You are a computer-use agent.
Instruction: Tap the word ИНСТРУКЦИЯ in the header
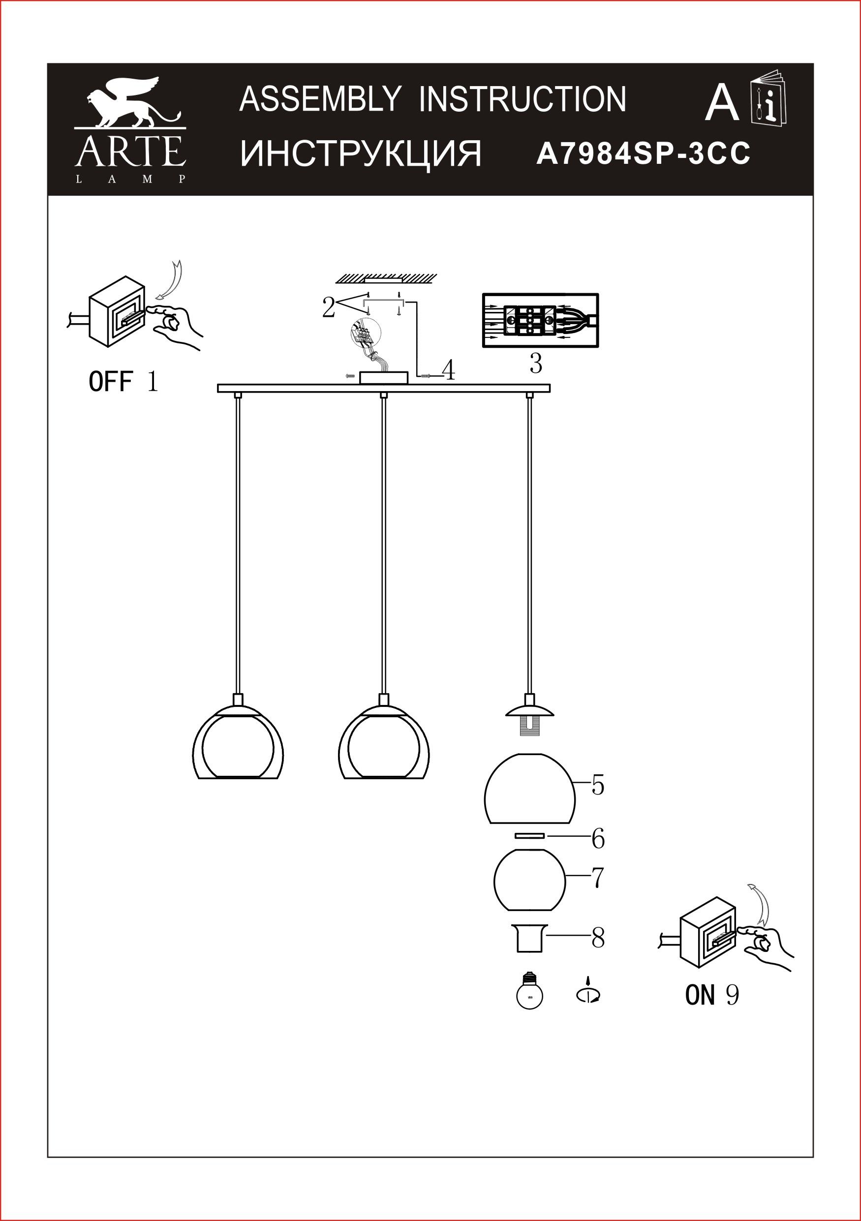tap(361, 154)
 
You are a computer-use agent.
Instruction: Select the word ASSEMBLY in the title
tap(320, 99)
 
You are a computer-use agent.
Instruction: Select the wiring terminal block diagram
tap(540, 321)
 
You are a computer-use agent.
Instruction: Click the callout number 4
tap(449, 370)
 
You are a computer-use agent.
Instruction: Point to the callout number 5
tap(598, 786)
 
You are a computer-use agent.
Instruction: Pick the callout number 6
tap(598, 839)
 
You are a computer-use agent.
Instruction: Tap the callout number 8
tap(598, 939)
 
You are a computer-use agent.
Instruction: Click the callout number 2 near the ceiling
tap(328, 308)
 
